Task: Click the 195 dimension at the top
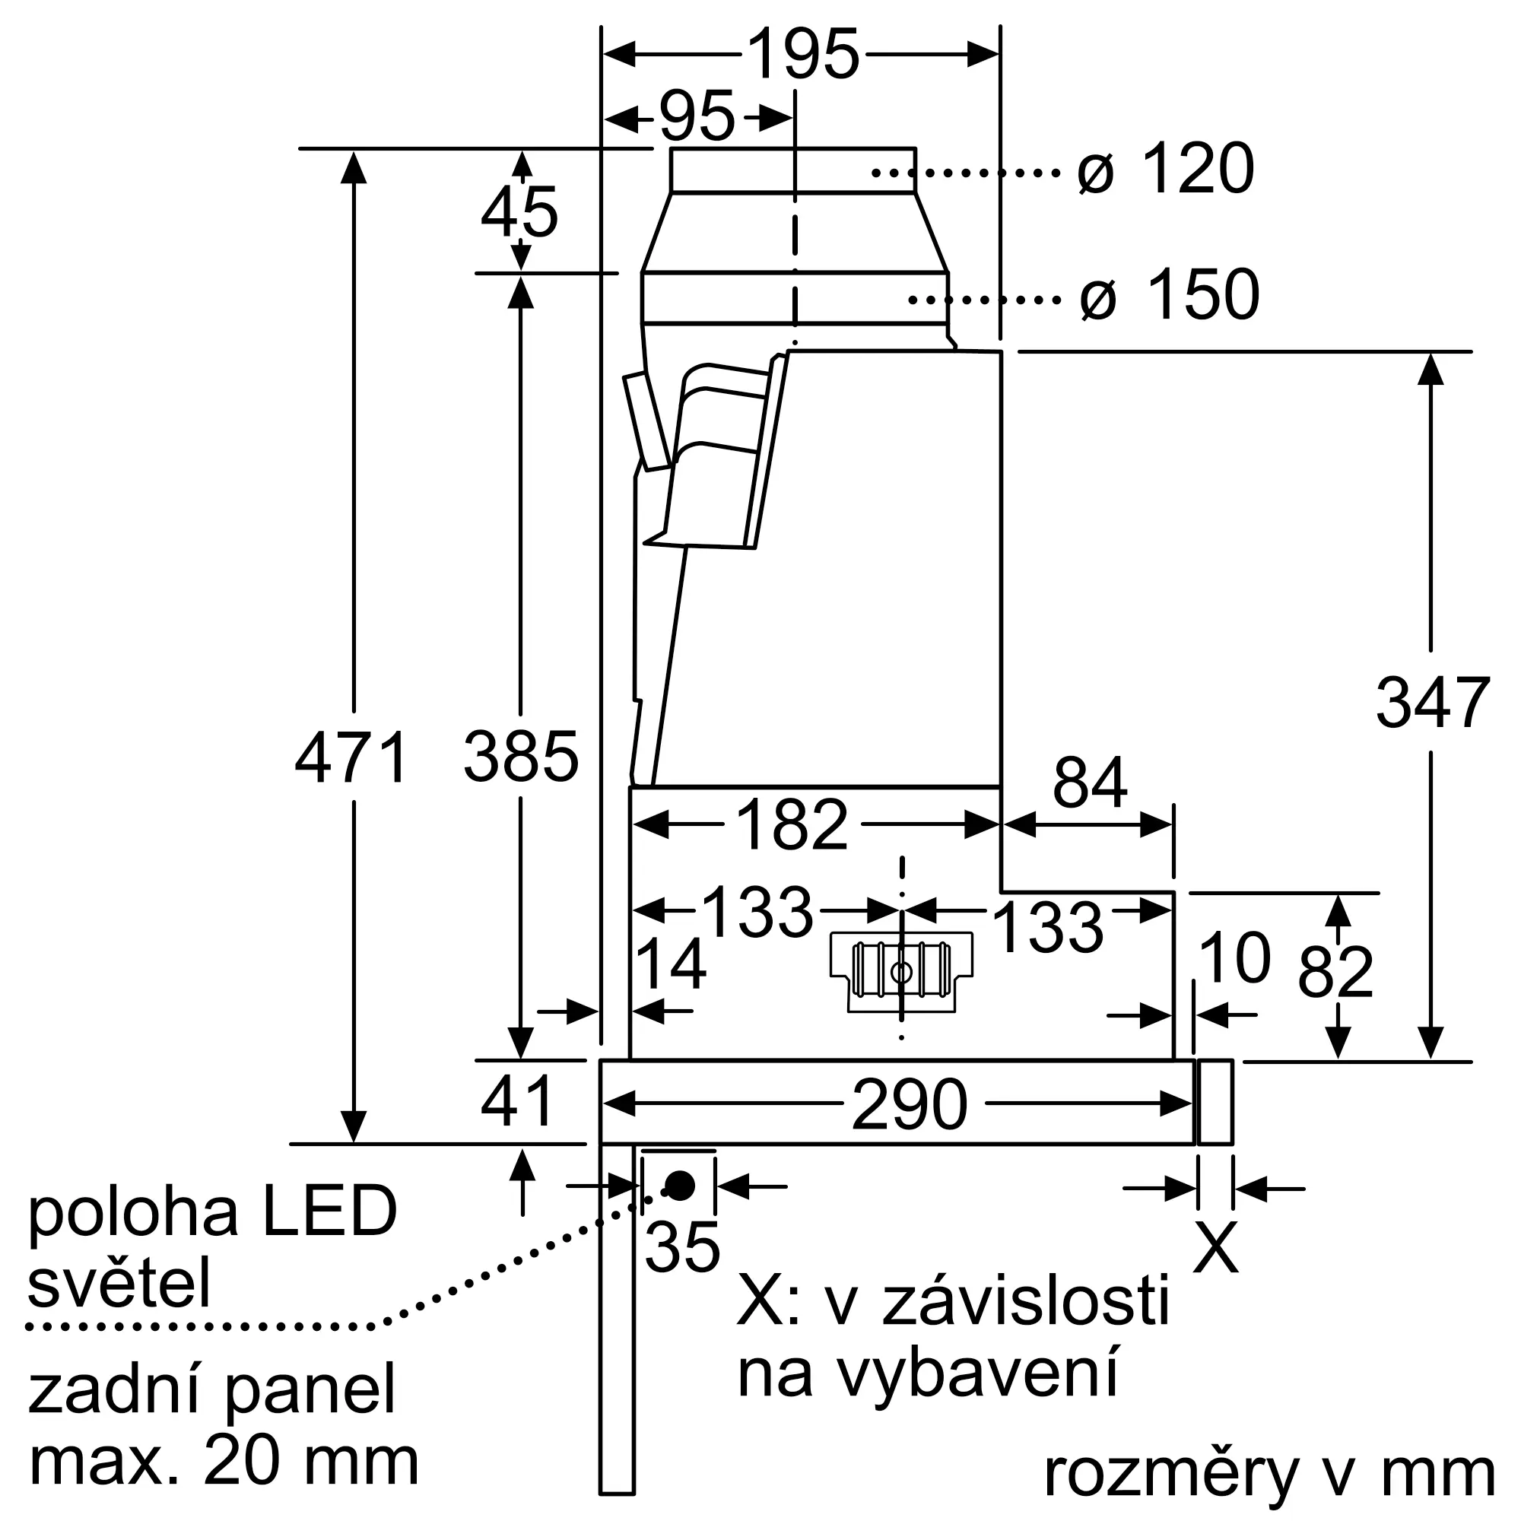pos(802,54)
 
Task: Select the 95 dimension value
pos(697,117)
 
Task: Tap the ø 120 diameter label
pos(1166,169)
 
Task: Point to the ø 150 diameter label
pos(1170,294)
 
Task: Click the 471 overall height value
pos(351,757)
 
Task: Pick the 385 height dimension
pos(521,757)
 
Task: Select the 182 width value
pos(791,825)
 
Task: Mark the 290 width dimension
pos(910,1105)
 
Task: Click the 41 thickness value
pos(517,1101)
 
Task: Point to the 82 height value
pos(1335,971)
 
